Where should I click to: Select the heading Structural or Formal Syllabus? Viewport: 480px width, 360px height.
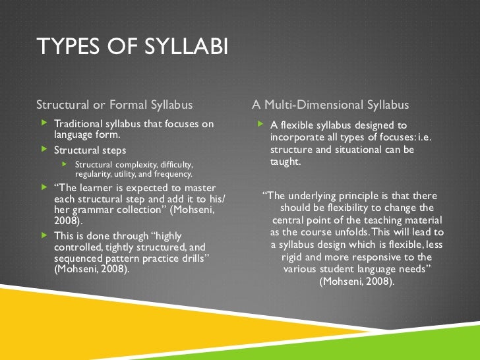pyautogui.click(x=114, y=105)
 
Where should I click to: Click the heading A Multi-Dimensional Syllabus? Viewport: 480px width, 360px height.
pyautogui.click(x=330, y=105)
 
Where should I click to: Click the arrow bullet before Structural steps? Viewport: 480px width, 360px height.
pyautogui.click(x=44, y=150)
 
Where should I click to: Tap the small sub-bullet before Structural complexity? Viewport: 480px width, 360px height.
pyautogui.click(x=65, y=164)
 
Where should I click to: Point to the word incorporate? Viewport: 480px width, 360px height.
pyautogui.click(x=297, y=137)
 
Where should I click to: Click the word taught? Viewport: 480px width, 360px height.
pyautogui.click(x=285, y=162)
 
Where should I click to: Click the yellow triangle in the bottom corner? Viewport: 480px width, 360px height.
pyautogui.click(x=40, y=330)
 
